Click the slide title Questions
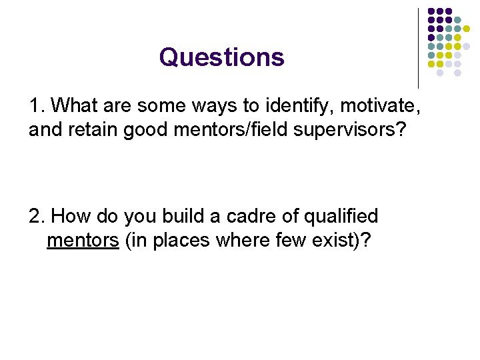221,57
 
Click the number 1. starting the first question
37,105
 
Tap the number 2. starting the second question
37,217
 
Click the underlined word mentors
83,240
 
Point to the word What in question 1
73,105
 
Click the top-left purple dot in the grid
431,12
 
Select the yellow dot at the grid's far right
467,29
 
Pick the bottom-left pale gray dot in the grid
440,73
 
